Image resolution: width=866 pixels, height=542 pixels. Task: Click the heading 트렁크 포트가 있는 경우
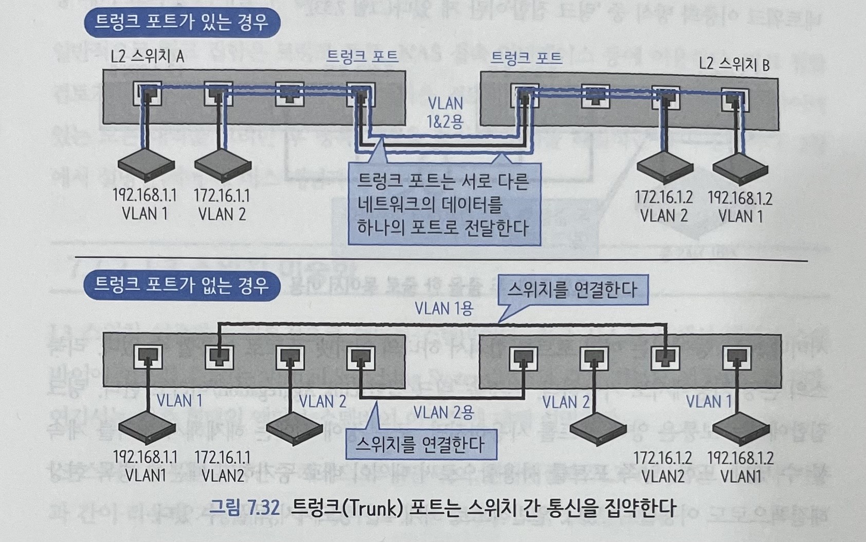(181, 23)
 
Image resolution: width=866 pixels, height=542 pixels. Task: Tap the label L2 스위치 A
(147, 56)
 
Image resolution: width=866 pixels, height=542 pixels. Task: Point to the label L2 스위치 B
(734, 64)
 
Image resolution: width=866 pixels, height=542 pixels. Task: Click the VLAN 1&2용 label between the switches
(445, 112)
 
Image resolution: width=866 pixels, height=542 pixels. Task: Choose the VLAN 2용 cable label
(443, 412)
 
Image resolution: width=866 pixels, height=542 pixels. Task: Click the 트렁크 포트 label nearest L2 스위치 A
(362, 56)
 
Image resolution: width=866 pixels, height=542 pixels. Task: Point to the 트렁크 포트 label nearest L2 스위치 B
(526, 57)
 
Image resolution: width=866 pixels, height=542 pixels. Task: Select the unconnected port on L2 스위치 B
(595, 96)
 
